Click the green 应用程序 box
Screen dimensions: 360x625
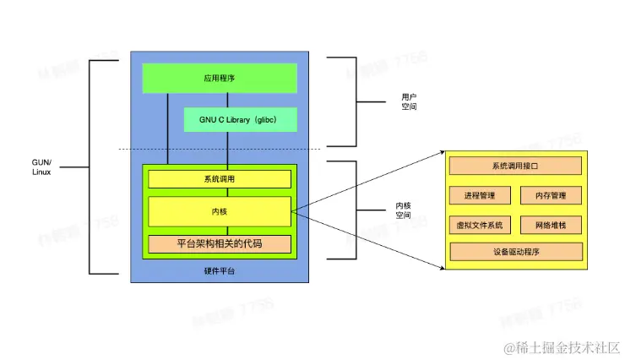tap(220, 78)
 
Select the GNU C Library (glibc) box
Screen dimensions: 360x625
tap(242, 119)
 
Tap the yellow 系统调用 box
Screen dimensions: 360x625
tap(220, 179)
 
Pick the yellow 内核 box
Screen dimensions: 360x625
tap(220, 211)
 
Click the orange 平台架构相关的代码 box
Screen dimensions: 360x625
tap(220, 243)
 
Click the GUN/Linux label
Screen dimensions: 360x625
tap(41, 166)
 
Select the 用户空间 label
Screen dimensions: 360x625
tap(409, 102)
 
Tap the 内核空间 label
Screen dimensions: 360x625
tap(403, 210)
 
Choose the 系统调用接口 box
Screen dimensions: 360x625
tap(515, 166)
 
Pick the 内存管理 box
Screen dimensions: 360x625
tap(551, 195)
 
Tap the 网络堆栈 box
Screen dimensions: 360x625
tap(551, 225)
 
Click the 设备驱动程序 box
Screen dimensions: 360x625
tap(515, 251)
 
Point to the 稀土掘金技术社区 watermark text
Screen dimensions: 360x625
tap(562, 347)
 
